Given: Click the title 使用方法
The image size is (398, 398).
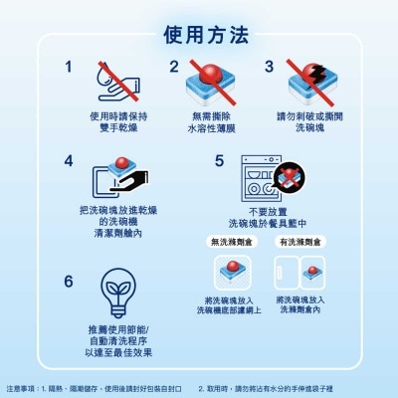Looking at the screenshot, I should (200, 36).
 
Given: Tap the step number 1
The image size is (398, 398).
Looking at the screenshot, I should (69, 68).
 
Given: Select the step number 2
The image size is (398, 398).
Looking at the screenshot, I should (174, 68).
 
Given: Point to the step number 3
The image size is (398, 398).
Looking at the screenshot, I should (269, 68).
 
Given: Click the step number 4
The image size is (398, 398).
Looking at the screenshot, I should (69, 160).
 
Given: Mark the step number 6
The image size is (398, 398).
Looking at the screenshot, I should (69, 282).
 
